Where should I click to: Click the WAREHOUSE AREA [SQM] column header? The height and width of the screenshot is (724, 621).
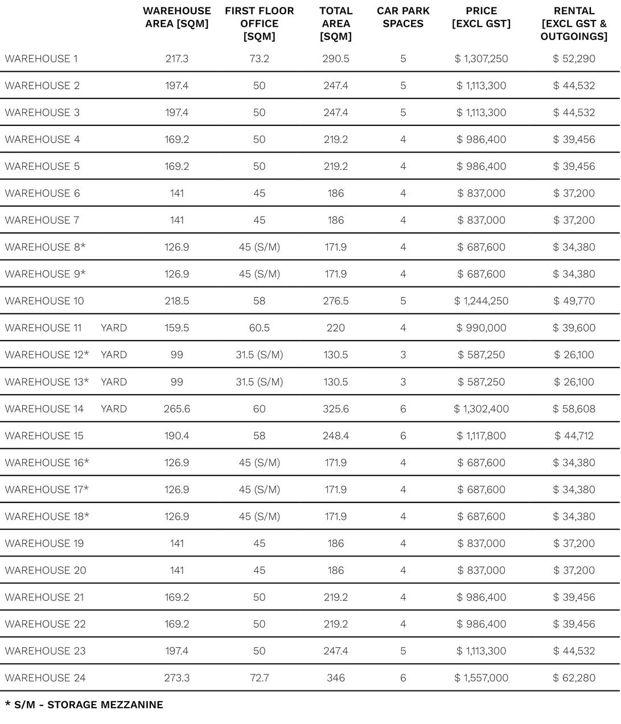click(176, 17)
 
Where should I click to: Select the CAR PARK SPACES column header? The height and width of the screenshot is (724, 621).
click(403, 17)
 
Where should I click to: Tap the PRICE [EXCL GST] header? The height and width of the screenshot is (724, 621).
click(481, 17)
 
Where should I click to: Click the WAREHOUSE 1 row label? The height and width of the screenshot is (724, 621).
click(41, 59)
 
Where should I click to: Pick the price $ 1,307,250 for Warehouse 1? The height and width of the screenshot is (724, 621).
click(481, 59)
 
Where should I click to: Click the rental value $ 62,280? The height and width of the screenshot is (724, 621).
click(574, 678)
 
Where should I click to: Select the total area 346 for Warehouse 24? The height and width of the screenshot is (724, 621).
click(336, 678)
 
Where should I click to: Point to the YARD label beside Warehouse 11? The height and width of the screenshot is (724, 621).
click(114, 328)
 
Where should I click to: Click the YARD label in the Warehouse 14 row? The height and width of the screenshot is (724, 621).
click(114, 409)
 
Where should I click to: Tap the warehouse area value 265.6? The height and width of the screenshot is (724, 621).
click(176, 409)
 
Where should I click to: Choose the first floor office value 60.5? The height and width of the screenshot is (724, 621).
click(259, 328)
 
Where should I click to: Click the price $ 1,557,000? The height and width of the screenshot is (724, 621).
click(481, 678)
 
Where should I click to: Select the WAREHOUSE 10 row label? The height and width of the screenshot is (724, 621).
click(44, 301)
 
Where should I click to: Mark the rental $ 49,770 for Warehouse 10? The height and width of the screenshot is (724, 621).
click(574, 301)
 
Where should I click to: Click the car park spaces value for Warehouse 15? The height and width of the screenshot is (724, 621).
click(403, 436)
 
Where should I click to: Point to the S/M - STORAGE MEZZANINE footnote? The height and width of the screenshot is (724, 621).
click(84, 705)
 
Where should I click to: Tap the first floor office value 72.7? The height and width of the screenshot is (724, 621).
click(259, 678)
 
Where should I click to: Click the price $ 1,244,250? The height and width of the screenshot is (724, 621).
click(481, 301)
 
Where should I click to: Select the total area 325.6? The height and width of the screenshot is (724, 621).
click(336, 409)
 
